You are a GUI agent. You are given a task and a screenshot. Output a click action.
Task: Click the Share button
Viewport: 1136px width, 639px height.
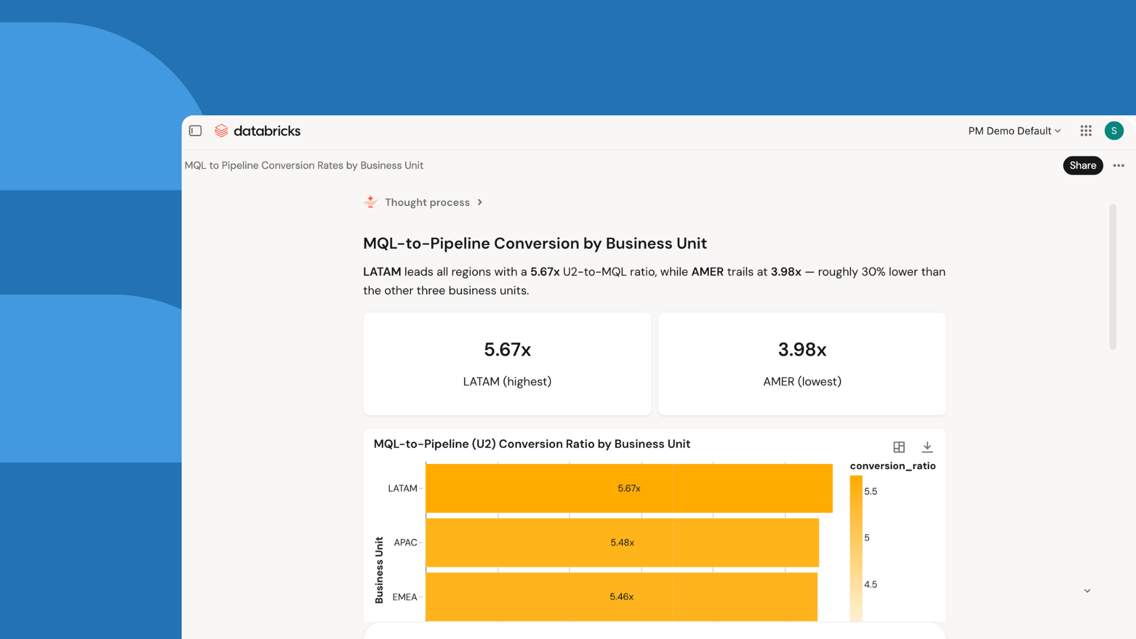pyautogui.click(x=1083, y=166)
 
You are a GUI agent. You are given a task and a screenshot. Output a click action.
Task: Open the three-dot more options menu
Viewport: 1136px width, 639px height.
pyautogui.click(x=1118, y=166)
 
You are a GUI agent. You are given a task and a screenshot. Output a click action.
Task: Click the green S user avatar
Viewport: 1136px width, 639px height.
pyautogui.click(x=1114, y=131)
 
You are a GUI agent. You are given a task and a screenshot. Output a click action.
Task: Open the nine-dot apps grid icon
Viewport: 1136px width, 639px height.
pyautogui.click(x=1086, y=131)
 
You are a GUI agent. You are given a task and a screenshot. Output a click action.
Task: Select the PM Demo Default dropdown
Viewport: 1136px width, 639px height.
pyautogui.click(x=1014, y=131)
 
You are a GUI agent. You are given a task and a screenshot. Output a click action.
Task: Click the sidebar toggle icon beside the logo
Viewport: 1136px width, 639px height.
pyautogui.click(x=195, y=131)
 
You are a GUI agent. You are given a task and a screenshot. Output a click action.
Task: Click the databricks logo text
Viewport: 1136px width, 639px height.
pyautogui.click(x=267, y=131)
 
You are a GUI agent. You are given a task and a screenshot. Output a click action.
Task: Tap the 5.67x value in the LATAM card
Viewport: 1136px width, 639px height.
pyautogui.click(x=508, y=350)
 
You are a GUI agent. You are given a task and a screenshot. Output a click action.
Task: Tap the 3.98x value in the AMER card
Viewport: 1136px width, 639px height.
pyautogui.click(x=802, y=350)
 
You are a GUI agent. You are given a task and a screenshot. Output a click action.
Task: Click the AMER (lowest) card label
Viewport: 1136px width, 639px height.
pyautogui.click(x=802, y=382)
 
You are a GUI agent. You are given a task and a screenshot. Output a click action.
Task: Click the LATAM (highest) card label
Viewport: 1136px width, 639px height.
pyautogui.click(x=508, y=382)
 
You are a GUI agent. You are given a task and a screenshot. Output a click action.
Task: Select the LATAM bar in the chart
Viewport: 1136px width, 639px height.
pyautogui.click(x=629, y=488)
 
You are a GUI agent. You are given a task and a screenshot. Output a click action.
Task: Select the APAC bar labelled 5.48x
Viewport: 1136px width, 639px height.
pyautogui.click(x=622, y=543)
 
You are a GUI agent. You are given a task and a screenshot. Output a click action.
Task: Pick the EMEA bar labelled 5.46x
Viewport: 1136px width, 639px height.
pyautogui.click(x=621, y=597)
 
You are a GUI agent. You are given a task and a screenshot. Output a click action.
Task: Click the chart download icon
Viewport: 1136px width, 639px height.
pyautogui.click(x=927, y=447)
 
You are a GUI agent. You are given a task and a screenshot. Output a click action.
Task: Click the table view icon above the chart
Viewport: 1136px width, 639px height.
pyautogui.click(x=899, y=447)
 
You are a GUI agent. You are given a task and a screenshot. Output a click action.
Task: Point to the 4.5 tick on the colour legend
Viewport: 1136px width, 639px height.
pyautogui.click(x=870, y=585)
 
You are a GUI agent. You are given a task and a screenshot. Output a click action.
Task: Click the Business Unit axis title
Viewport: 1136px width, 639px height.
pyautogui.click(x=379, y=570)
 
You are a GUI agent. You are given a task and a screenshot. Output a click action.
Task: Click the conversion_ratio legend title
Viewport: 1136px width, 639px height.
pyautogui.click(x=893, y=466)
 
